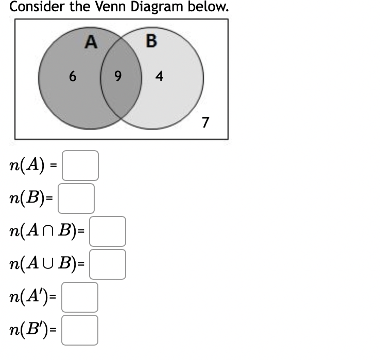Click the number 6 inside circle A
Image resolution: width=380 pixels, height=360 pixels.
tap(73, 77)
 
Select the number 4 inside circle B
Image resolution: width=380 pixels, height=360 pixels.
tap(159, 77)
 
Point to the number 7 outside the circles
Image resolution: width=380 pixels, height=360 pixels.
tap(205, 122)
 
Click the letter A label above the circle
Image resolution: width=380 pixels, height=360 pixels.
tap(91, 42)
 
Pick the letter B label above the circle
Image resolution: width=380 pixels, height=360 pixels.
tap(151, 41)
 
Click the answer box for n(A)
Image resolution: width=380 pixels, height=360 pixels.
tap(80, 166)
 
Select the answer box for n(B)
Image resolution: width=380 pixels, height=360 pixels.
tap(76, 199)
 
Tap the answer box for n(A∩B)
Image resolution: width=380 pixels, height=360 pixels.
tap(108, 231)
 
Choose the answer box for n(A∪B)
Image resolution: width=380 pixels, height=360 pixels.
tap(108, 264)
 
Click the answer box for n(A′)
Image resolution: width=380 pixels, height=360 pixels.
tap(80, 297)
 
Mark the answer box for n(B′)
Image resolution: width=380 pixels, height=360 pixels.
tap(80, 330)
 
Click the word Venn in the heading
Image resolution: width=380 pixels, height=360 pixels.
tap(114, 7)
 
